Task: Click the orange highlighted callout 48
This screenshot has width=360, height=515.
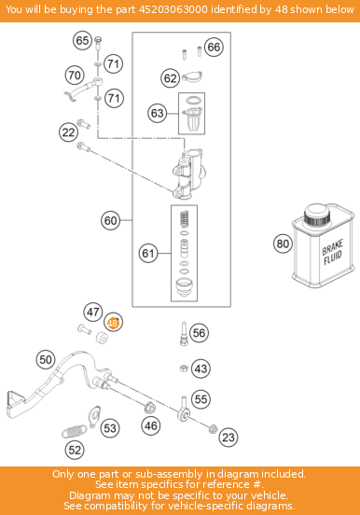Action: [113, 324]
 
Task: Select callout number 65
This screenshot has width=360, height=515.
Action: [82, 40]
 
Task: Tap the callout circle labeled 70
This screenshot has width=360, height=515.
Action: [75, 75]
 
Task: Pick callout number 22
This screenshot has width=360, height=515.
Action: [68, 132]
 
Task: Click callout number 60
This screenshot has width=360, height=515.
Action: [111, 221]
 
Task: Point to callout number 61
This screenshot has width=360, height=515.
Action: [148, 253]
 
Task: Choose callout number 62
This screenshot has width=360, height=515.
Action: [170, 78]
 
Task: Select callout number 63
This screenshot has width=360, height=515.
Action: [157, 113]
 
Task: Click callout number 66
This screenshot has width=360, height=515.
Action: [214, 48]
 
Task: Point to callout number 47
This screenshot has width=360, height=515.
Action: [92, 312]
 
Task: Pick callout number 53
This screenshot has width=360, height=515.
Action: [110, 428]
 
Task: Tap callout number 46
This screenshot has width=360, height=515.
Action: [150, 426]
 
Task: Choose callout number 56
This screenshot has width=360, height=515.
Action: [199, 333]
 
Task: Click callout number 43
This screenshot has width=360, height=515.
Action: [201, 369]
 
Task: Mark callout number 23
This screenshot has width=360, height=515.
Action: [228, 436]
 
